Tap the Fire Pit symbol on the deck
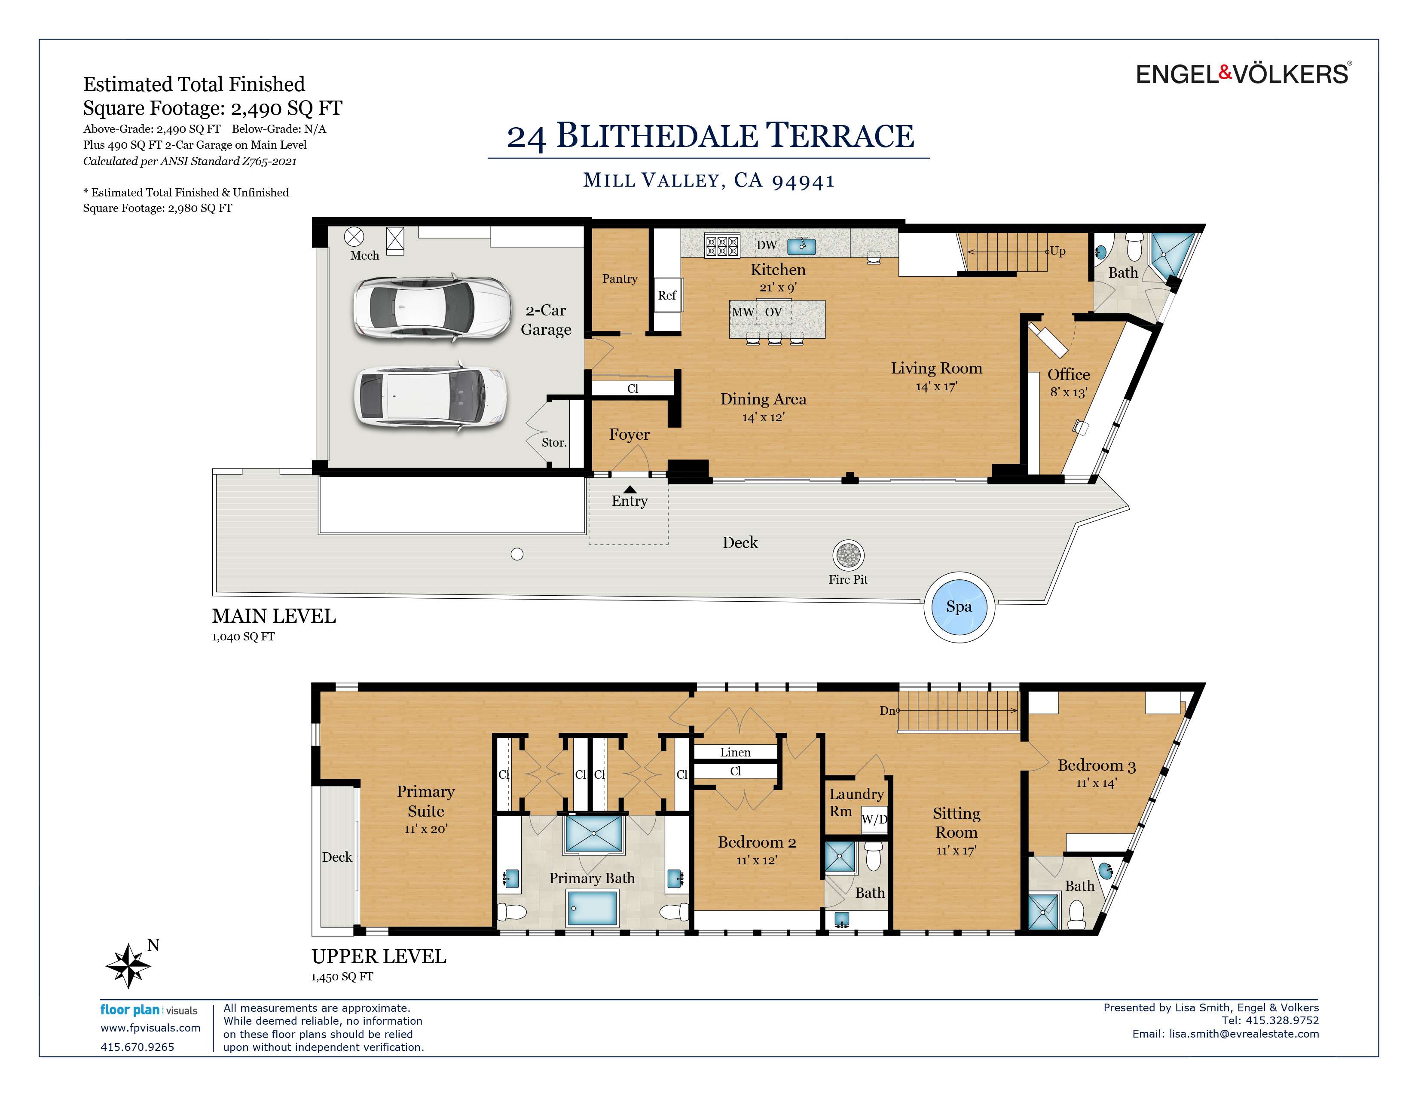848,555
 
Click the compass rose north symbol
129,965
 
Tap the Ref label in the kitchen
667,295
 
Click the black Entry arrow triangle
630,489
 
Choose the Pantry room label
619,279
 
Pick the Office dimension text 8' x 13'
1068,392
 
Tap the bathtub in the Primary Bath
592,908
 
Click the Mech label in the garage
364,256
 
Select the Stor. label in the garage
554,443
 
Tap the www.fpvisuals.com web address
150,1028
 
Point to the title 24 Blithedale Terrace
710,136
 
